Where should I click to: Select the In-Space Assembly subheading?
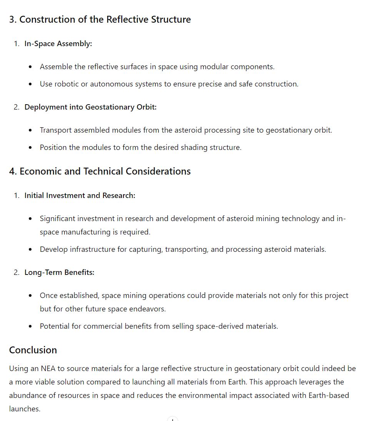click(x=58, y=43)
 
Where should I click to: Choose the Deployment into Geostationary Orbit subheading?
click(x=90, y=107)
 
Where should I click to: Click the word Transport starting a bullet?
click(x=56, y=130)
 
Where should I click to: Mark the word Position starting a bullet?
click(x=53, y=147)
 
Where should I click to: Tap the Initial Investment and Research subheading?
click(x=80, y=195)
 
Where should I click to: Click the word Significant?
click(x=58, y=218)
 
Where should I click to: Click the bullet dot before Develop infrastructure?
click(x=30, y=250)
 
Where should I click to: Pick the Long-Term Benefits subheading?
click(x=59, y=272)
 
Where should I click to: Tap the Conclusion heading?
click(x=33, y=350)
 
